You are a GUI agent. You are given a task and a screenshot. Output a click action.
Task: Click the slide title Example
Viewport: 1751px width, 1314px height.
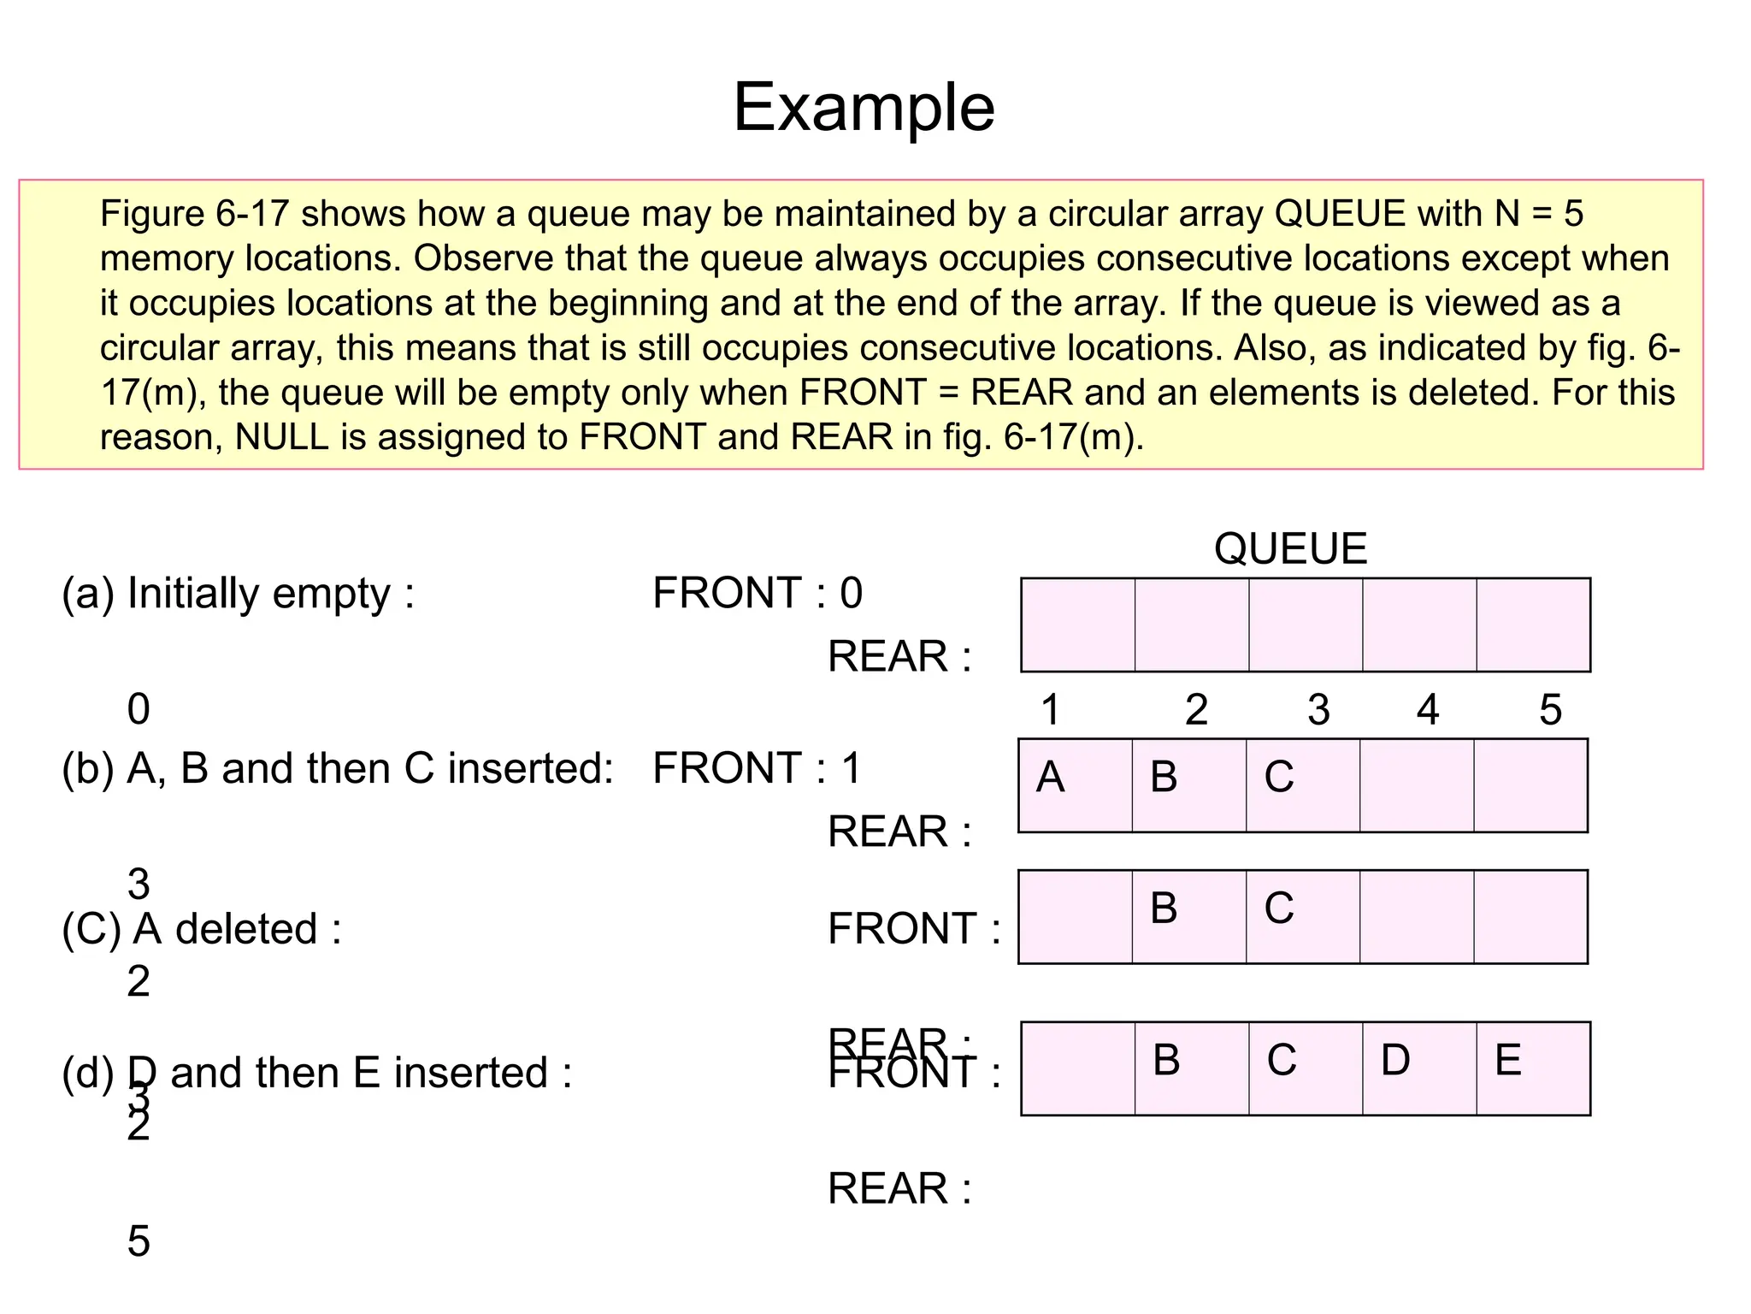(x=864, y=108)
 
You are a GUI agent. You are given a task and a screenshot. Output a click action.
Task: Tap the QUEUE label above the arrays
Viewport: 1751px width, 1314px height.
(x=1290, y=548)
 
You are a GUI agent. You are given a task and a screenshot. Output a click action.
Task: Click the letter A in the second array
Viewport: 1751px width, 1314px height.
(x=1050, y=778)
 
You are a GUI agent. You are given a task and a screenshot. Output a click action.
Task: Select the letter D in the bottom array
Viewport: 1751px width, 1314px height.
(x=1395, y=1061)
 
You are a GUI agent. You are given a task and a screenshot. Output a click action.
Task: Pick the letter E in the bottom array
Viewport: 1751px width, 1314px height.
(x=1508, y=1061)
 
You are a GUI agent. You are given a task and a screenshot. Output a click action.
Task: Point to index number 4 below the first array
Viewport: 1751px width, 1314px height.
(x=1428, y=710)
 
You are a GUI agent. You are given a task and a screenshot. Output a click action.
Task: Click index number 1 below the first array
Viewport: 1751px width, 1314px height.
(x=1051, y=710)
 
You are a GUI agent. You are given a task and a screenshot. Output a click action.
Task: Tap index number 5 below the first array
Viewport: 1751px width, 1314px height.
(x=1550, y=710)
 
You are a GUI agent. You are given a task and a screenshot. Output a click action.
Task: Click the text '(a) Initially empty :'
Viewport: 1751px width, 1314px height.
(x=239, y=594)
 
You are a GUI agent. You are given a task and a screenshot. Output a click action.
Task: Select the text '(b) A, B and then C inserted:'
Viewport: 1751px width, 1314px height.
(x=338, y=768)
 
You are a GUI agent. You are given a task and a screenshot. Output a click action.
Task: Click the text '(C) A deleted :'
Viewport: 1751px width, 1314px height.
(x=202, y=929)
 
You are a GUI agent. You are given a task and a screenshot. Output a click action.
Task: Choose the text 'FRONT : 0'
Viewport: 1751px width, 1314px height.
(x=758, y=594)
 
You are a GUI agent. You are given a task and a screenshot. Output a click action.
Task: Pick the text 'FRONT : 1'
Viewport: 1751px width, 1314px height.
(x=757, y=768)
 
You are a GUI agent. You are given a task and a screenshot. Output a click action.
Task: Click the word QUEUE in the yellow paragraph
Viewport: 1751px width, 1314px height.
(x=1339, y=214)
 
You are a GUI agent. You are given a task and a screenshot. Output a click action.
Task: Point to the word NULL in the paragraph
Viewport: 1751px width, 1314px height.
(x=281, y=437)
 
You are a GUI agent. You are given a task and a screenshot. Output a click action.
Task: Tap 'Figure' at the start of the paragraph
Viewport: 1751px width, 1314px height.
(x=152, y=214)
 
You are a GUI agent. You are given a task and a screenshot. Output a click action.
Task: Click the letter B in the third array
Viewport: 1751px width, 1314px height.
(x=1164, y=909)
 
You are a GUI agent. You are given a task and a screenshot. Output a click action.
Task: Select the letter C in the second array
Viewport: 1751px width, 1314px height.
(x=1278, y=778)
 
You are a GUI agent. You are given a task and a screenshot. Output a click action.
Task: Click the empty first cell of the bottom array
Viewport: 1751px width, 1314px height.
(x=1078, y=1068)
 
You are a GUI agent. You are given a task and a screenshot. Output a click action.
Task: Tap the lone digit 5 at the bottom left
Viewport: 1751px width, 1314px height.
(x=139, y=1241)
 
